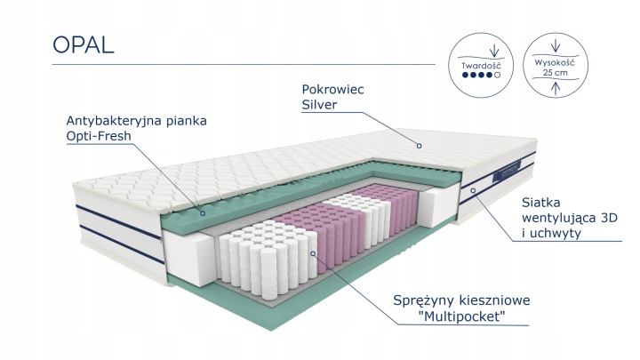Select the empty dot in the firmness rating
tap(497, 77)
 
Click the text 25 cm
tap(555, 74)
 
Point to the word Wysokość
tap(555, 63)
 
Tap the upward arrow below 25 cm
tap(556, 88)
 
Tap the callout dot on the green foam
tap(204, 213)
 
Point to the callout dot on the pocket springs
tap(312, 253)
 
